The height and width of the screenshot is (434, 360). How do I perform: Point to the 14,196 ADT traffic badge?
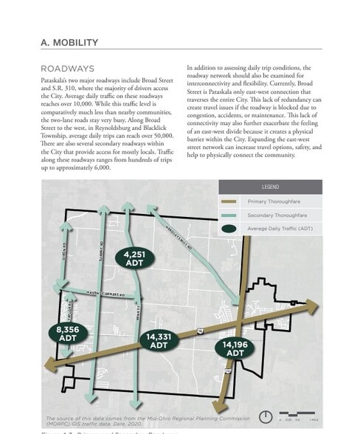point(235,348)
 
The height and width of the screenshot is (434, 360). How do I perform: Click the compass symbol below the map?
point(265,416)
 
